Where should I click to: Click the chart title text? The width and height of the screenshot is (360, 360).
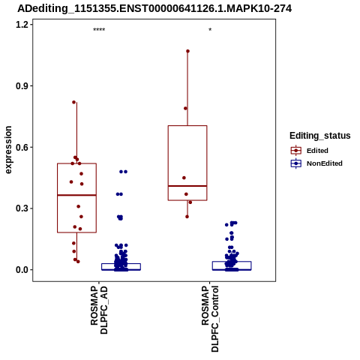(x=154, y=8)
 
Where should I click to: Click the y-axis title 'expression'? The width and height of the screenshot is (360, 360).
(x=8, y=150)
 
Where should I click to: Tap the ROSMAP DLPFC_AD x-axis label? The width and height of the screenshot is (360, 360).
(x=99, y=310)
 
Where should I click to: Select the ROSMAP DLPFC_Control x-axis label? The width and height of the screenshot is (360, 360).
(x=210, y=319)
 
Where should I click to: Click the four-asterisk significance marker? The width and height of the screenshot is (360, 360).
(x=99, y=30)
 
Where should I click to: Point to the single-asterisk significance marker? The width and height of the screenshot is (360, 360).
(x=210, y=30)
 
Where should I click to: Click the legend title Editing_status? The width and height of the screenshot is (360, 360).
(x=320, y=136)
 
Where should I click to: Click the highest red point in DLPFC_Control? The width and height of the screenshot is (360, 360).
(x=187, y=51)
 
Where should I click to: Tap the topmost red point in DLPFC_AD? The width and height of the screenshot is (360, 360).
(x=74, y=102)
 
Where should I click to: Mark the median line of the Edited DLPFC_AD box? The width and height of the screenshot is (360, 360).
(x=77, y=195)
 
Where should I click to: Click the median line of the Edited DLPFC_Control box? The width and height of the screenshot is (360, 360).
(x=187, y=186)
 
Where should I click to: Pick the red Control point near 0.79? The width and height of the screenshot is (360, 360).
(x=185, y=109)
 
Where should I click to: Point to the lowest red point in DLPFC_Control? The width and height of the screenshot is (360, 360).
(x=187, y=217)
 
